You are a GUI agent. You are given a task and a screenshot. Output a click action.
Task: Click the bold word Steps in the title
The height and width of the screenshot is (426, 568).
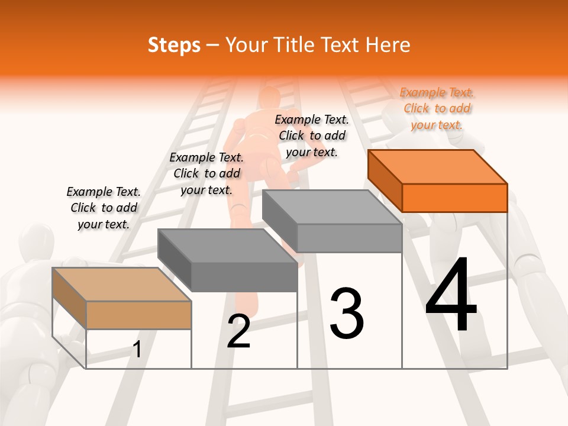(174, 45)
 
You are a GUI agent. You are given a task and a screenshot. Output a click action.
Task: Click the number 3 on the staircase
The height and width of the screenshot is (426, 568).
(347, 313)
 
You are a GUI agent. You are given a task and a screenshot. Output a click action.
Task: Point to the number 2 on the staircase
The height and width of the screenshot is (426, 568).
(239, 331)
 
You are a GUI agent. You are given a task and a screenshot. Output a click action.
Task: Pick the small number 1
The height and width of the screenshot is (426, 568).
(137, 350)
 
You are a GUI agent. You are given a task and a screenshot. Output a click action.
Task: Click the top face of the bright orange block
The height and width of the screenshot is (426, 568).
(437, 166)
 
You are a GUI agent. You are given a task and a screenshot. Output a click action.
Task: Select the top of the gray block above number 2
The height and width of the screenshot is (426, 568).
(227, 246)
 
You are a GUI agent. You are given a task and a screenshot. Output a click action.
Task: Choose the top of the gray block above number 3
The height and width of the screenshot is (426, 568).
(331, 207)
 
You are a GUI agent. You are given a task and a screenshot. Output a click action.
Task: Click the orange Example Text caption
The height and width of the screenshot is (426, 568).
(437, 109)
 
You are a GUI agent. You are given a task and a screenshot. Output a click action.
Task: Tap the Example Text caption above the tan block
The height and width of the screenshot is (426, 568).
(104, 208)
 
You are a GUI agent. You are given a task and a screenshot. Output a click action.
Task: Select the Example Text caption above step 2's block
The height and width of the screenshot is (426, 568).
(206, 173)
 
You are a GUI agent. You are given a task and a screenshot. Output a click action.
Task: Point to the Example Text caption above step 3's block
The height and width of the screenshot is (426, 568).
(312, 135)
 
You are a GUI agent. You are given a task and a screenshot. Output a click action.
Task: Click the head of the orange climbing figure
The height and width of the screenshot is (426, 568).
(270, 99)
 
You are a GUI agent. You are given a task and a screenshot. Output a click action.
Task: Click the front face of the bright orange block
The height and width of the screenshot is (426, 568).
(454, 198)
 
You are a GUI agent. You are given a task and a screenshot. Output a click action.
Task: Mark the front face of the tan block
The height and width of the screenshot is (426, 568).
(138, 315)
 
